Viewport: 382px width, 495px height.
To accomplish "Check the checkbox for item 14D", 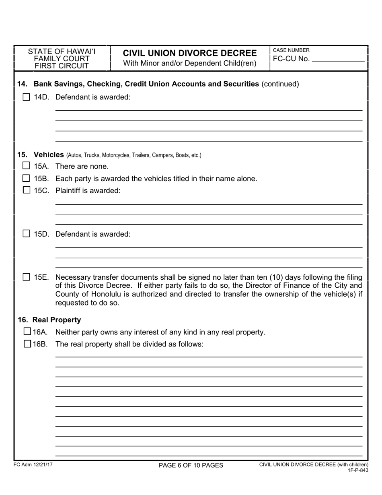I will coord(26,97).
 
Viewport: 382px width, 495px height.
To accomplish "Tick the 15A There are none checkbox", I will coord(26,166).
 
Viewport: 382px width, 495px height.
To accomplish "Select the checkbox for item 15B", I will coord(26,178).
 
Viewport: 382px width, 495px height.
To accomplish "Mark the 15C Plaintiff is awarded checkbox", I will coord(26,190).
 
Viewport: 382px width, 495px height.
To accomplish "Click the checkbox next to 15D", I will coord(26,233).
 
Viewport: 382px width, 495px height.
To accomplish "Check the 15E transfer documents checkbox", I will coord(26,277).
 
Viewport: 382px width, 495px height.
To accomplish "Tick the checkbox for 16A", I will coord(27,332).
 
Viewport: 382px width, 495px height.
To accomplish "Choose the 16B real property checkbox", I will coord(27,344).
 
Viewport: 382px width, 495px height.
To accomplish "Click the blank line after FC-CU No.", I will coord(338,59).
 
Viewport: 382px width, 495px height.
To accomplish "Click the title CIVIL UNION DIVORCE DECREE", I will coord(189,53).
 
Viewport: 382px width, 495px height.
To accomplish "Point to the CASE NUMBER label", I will coord(291,50).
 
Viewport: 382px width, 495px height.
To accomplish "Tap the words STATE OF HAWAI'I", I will coord(62,52).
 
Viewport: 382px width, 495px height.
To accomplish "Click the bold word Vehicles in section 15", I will coord(49,155).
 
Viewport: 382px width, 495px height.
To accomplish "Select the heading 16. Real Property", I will coord(49,320).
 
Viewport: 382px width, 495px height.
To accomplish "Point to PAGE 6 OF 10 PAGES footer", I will coord(191,465).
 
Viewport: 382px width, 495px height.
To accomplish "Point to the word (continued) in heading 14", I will coord(280,84).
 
